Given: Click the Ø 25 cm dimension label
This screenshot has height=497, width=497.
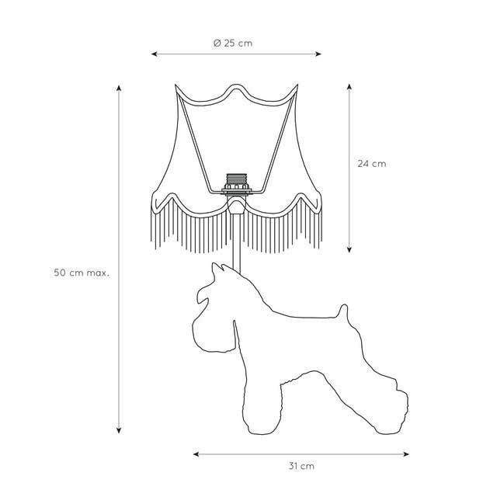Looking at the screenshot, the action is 233,43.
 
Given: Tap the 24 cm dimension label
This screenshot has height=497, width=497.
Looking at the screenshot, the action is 372,164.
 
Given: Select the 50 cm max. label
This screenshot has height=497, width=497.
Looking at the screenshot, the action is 82,273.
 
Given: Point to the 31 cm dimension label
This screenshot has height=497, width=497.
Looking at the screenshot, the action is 301,466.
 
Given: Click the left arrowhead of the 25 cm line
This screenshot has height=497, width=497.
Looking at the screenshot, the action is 154,54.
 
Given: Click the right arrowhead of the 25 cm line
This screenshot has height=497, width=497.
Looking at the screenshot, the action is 318,54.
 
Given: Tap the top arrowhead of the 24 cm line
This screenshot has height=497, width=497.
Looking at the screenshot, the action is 349,87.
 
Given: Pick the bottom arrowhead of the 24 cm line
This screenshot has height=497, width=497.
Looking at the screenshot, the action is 349,250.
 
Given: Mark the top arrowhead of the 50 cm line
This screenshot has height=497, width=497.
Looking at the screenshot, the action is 119,88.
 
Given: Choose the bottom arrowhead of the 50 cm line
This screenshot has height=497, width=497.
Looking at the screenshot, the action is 119,430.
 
